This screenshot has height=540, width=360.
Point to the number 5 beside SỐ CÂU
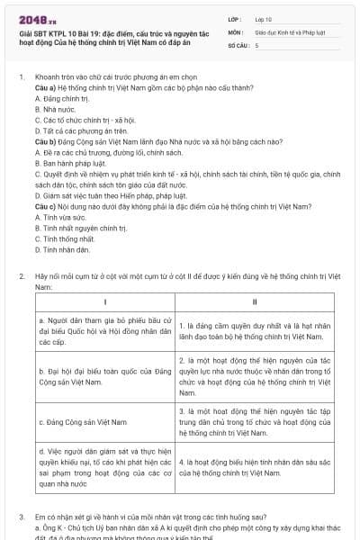257,44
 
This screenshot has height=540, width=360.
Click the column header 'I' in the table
105,301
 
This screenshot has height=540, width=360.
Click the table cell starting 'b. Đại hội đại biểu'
105,373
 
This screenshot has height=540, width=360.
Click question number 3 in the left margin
22,518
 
